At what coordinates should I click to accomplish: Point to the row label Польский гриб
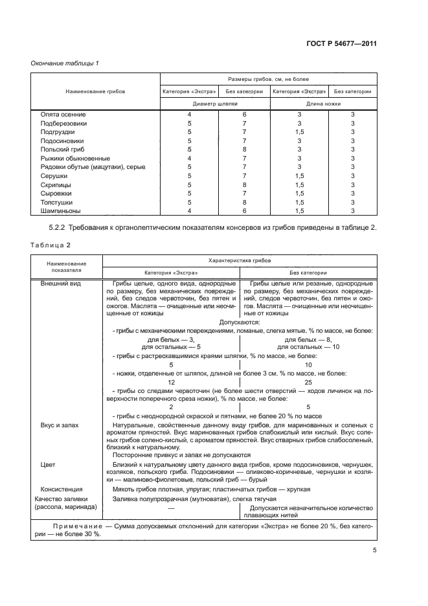(63, 149)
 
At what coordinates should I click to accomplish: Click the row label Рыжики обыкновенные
(75, 158)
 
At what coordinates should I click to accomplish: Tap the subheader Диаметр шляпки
(216, 103)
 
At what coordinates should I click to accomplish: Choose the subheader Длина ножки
(324, 103)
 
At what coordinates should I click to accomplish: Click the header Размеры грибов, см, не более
(268, 78)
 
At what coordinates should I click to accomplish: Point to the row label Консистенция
(62, 489)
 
